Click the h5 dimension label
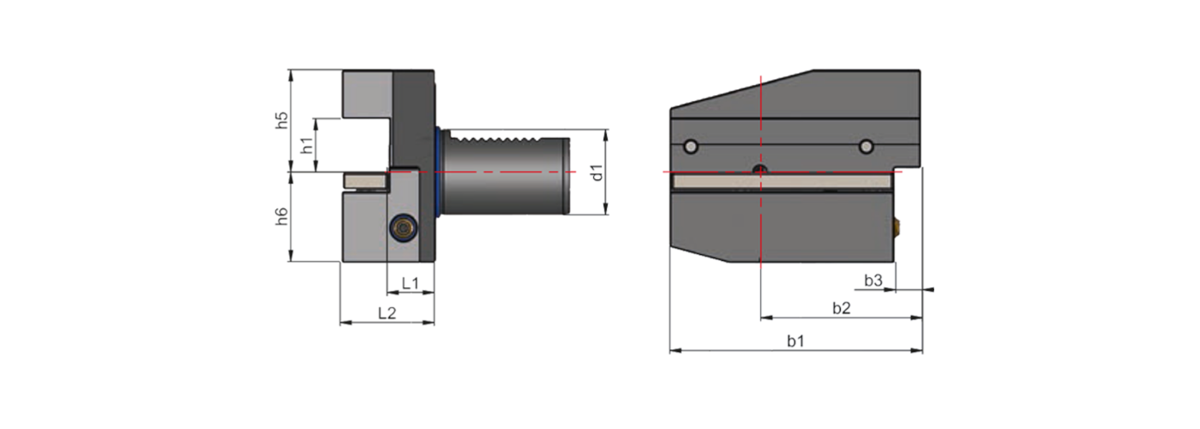(x=282, y=119)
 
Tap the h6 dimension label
(x=282, y=217)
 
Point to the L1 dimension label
(x=410, y=282)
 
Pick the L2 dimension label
(x=387, y=313)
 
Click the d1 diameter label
(x=598, y=172)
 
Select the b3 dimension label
(x=873, y=280)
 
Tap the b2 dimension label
(x=841, y=308)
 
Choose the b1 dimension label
(x=795, y=341)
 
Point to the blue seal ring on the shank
(x=440, y=172)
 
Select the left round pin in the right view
(x=691, y=148)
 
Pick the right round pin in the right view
(x=867, y=148)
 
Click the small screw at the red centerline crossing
(x=759, y=169)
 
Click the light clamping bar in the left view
(x=365, y=180)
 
